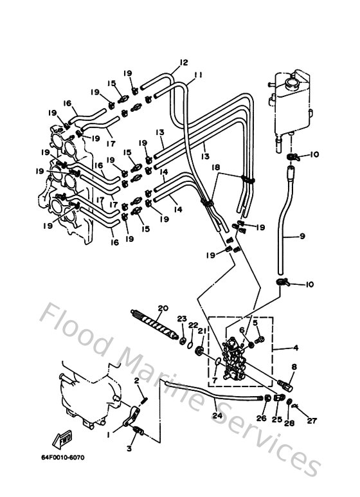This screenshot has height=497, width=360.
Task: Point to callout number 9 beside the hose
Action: (x=301, y=237)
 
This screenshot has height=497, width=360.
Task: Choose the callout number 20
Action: (x=162, y=308)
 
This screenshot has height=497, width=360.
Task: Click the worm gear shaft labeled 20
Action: (x=158, y=324)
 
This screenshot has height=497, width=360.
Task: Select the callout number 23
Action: (x=182, y=319)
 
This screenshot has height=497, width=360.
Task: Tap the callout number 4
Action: (x=295, y=348)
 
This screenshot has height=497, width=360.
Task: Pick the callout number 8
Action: (x=294, y=367)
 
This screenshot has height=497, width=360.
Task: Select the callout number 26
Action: (x=260, y=419)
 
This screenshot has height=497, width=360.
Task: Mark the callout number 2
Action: (x=136, y=381)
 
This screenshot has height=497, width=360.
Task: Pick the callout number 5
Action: (x=255, y=322)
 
